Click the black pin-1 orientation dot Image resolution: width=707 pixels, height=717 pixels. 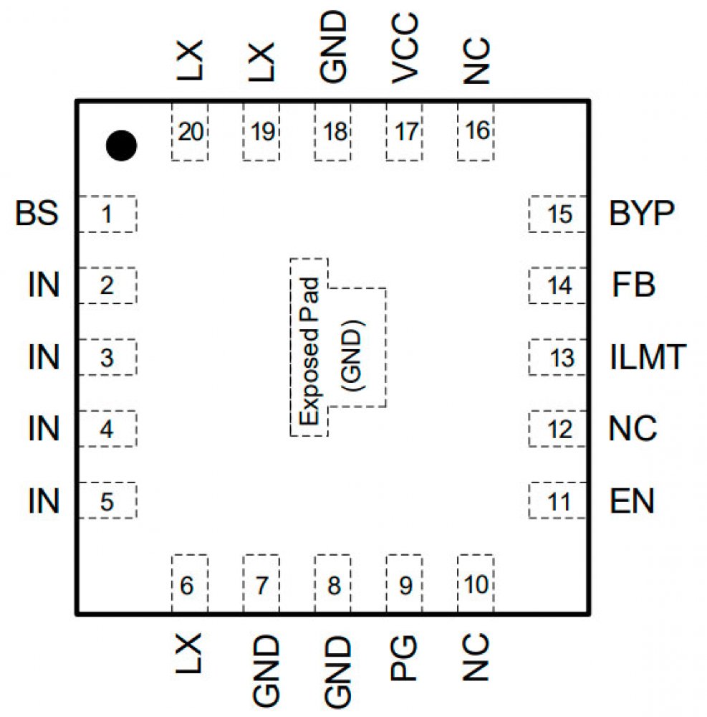pos(121,146)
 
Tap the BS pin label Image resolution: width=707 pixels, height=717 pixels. pos(37,214)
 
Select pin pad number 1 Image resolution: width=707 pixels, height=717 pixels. pos(107,214)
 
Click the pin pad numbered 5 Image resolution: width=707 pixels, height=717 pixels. pos(107,501)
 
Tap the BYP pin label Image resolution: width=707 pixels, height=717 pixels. pos(642,214)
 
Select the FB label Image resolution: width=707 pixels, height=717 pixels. pos(634,285)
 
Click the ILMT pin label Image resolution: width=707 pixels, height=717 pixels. pos(648,357)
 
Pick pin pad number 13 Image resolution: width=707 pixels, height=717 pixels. pos(559,357)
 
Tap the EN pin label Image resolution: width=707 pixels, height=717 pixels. pos(632,501)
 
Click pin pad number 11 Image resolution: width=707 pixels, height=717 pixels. pos(559,501)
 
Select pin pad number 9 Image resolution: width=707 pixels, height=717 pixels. pos(405,585)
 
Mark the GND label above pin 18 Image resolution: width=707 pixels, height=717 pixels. pos(334,47)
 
